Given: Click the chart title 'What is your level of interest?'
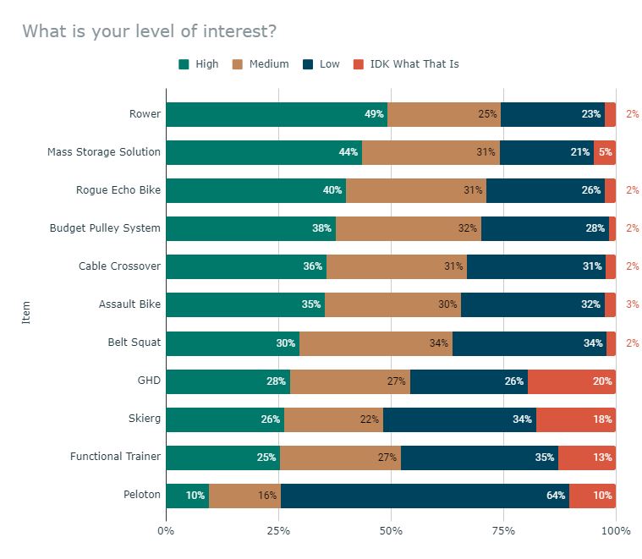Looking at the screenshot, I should pyautogui.click(x=149, y=32).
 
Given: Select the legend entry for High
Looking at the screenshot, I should pyautogui.click(x=199, y=64).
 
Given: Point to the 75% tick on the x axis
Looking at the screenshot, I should pyautogui.click(x=503, y=531).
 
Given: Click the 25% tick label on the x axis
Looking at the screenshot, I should pyautogui.click(x=278, y=531).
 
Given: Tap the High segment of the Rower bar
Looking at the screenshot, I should pyautogui.click(x=277, y=114).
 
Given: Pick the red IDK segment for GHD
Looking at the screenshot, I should pyautogui.click(x=572, y=381).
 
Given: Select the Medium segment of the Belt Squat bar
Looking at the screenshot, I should pyautogui.click(x=376, y=343).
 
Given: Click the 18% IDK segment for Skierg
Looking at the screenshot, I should pyautogui.click(x=576, y=419).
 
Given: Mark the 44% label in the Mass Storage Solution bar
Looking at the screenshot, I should pyautogui.click(x=348, y=152).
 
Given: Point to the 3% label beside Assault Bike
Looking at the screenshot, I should pyautogui.click(x=632, y=304).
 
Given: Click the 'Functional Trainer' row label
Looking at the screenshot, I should pyautogui.click(x=115, y=457).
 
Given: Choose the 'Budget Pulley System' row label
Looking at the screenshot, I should pyautogui.click(x=105, y=228).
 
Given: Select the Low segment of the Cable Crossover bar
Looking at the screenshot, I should pyautogui.click(x=536, y=266).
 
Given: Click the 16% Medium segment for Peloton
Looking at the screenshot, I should pyautogui.click(x=244, y=496).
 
